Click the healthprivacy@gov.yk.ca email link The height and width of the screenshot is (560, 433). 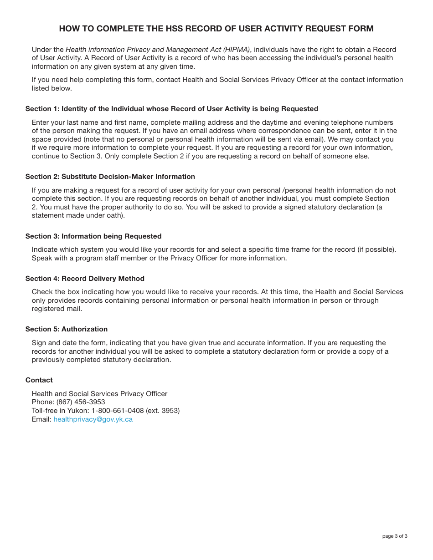(x=93, y=419)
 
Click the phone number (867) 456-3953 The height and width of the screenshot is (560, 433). (x=81, y=402)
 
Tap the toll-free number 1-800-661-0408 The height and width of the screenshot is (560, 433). (x=118, y=411)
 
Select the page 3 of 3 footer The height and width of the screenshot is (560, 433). (x=395, y=536)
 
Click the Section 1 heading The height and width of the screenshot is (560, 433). (x=171, y=109)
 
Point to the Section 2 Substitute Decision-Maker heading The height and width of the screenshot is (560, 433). (x=110, y=177)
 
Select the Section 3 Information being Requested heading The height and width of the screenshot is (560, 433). (x=93, y=236)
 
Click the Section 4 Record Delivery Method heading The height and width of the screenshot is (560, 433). (x=85, y=279)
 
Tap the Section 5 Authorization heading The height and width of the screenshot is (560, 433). (x=67, y=329)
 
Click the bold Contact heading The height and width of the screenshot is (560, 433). (x=39, y=380)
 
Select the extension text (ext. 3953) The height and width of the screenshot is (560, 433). (x=163, y=411)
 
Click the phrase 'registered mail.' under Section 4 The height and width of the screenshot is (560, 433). (x=57, y=309)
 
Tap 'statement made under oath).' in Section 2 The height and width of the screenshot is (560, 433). (x=78, y=215)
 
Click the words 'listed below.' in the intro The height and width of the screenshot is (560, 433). (x=52, y=88)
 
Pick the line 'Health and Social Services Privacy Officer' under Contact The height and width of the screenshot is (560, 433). (x=99, y=394)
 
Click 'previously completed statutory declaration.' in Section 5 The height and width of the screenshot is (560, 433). (x=101, y=360)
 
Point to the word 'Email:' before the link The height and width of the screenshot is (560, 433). (x=41, y=419)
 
